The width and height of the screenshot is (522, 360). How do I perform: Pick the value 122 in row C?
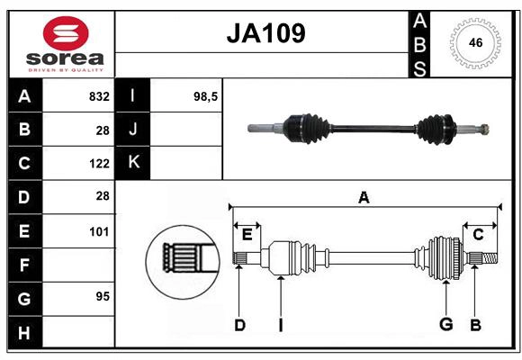(x=99, y=163)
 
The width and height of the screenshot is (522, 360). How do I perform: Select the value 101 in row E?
(x=99, y=231)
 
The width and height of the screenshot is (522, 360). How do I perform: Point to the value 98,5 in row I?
(x=206, y=95)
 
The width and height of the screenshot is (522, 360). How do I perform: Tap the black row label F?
(x=24, y=265)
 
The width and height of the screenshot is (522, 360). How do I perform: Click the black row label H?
(x=24, y=332)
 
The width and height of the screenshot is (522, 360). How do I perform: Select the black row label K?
(x=134, y=163)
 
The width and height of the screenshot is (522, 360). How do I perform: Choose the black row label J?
(x=134, y=129)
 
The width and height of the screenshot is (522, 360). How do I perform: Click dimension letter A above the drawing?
(x=364, y=197)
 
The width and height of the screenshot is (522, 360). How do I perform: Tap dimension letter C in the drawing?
(x=478, y=234)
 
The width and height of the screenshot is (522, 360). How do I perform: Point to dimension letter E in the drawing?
(x=247, y=235)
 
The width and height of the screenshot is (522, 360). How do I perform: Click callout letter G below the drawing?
(x=445, y=325)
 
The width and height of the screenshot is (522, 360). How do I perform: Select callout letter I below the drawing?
(x=280, y=325)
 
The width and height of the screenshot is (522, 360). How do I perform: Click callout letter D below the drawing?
(x=239, y=325)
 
